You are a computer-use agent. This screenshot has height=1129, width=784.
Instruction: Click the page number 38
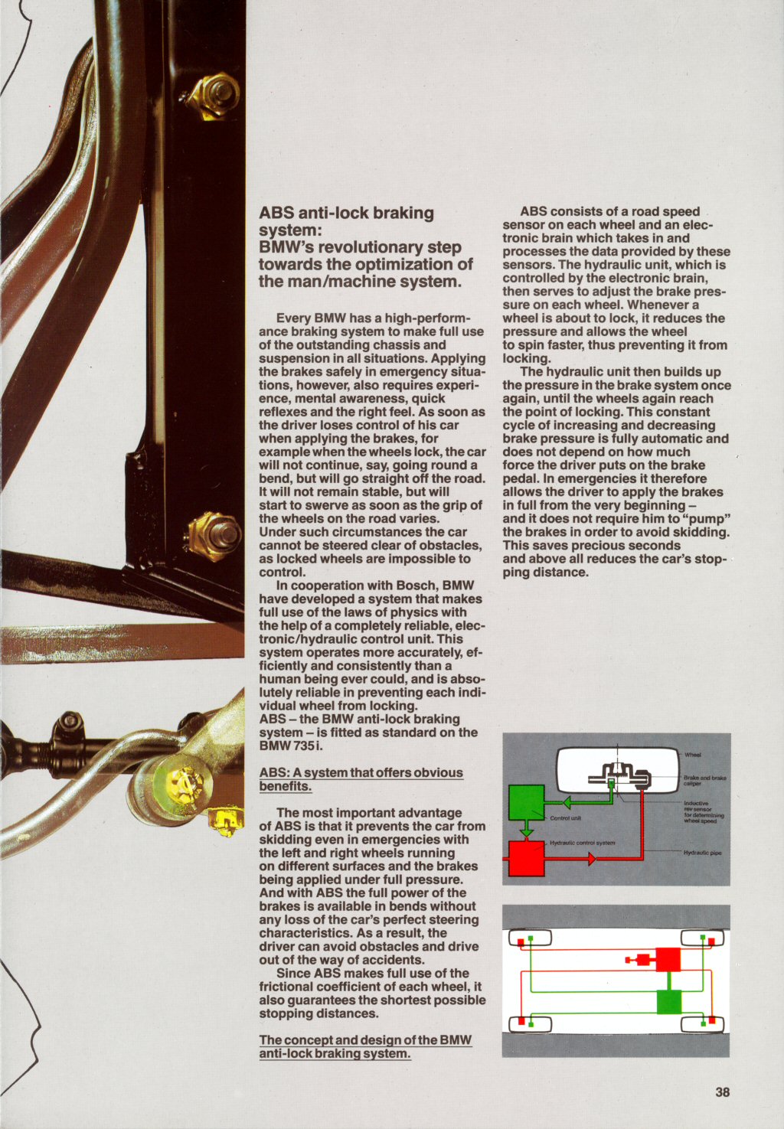pos(722,1092)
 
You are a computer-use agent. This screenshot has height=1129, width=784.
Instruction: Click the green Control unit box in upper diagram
pos(526,802)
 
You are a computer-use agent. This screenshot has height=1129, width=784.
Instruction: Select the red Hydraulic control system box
pos(526,858)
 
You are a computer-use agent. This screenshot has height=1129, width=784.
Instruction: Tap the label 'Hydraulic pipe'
pos(702,853)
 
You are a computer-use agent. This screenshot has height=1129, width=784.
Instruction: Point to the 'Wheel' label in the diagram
pos(692,755)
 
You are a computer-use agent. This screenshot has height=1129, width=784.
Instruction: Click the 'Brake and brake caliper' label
pos(704,780)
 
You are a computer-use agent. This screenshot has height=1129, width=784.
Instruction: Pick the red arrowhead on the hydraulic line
pos(591,859)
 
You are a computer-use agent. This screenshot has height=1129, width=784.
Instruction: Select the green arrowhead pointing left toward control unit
pos(566,803)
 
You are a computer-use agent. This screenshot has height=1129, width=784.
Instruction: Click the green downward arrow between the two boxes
pos(526,830)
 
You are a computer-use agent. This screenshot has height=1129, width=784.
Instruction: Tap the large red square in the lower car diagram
pos(668,959)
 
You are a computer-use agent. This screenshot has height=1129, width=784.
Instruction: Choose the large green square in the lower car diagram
pos(668,1001)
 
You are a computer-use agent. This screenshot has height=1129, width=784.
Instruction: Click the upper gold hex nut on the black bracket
pos(215,95)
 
